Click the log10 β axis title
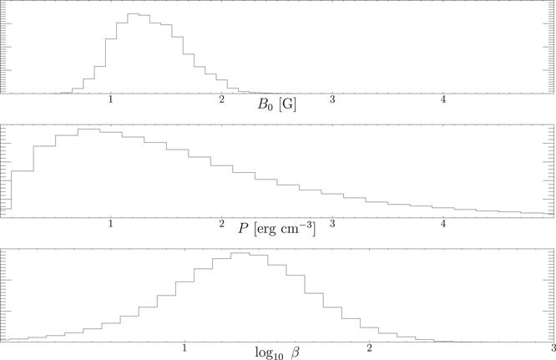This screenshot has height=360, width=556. [277, 352]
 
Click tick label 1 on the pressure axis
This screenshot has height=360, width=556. [112, 224]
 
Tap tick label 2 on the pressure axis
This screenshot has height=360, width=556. [222, 224]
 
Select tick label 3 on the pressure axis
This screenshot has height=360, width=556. [333, 224]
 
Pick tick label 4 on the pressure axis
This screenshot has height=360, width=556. [444, 224]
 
